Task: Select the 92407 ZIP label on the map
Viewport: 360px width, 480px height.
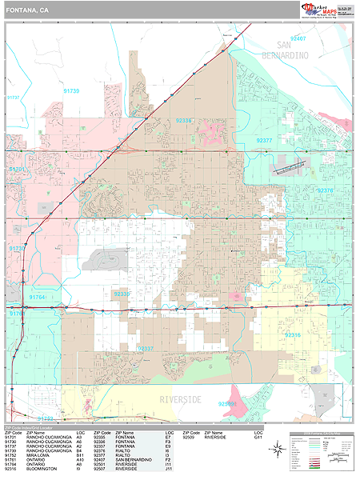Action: pos(298,38)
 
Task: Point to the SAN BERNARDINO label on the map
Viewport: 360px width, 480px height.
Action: pos(297,51)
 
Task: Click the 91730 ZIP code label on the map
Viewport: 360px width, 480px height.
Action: pos(71,92)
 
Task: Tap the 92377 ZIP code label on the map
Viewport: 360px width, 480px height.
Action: pos(265,140)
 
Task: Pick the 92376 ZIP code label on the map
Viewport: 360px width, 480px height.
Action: pos(325,190)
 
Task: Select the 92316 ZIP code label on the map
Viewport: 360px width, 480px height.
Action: pos(293,335)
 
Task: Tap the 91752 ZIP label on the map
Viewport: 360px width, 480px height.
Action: pos(46,418)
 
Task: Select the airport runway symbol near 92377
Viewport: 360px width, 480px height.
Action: pos(290,169)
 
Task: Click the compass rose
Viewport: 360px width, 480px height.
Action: pos(278,453)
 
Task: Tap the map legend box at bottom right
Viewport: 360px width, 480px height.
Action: pos(321,453)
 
